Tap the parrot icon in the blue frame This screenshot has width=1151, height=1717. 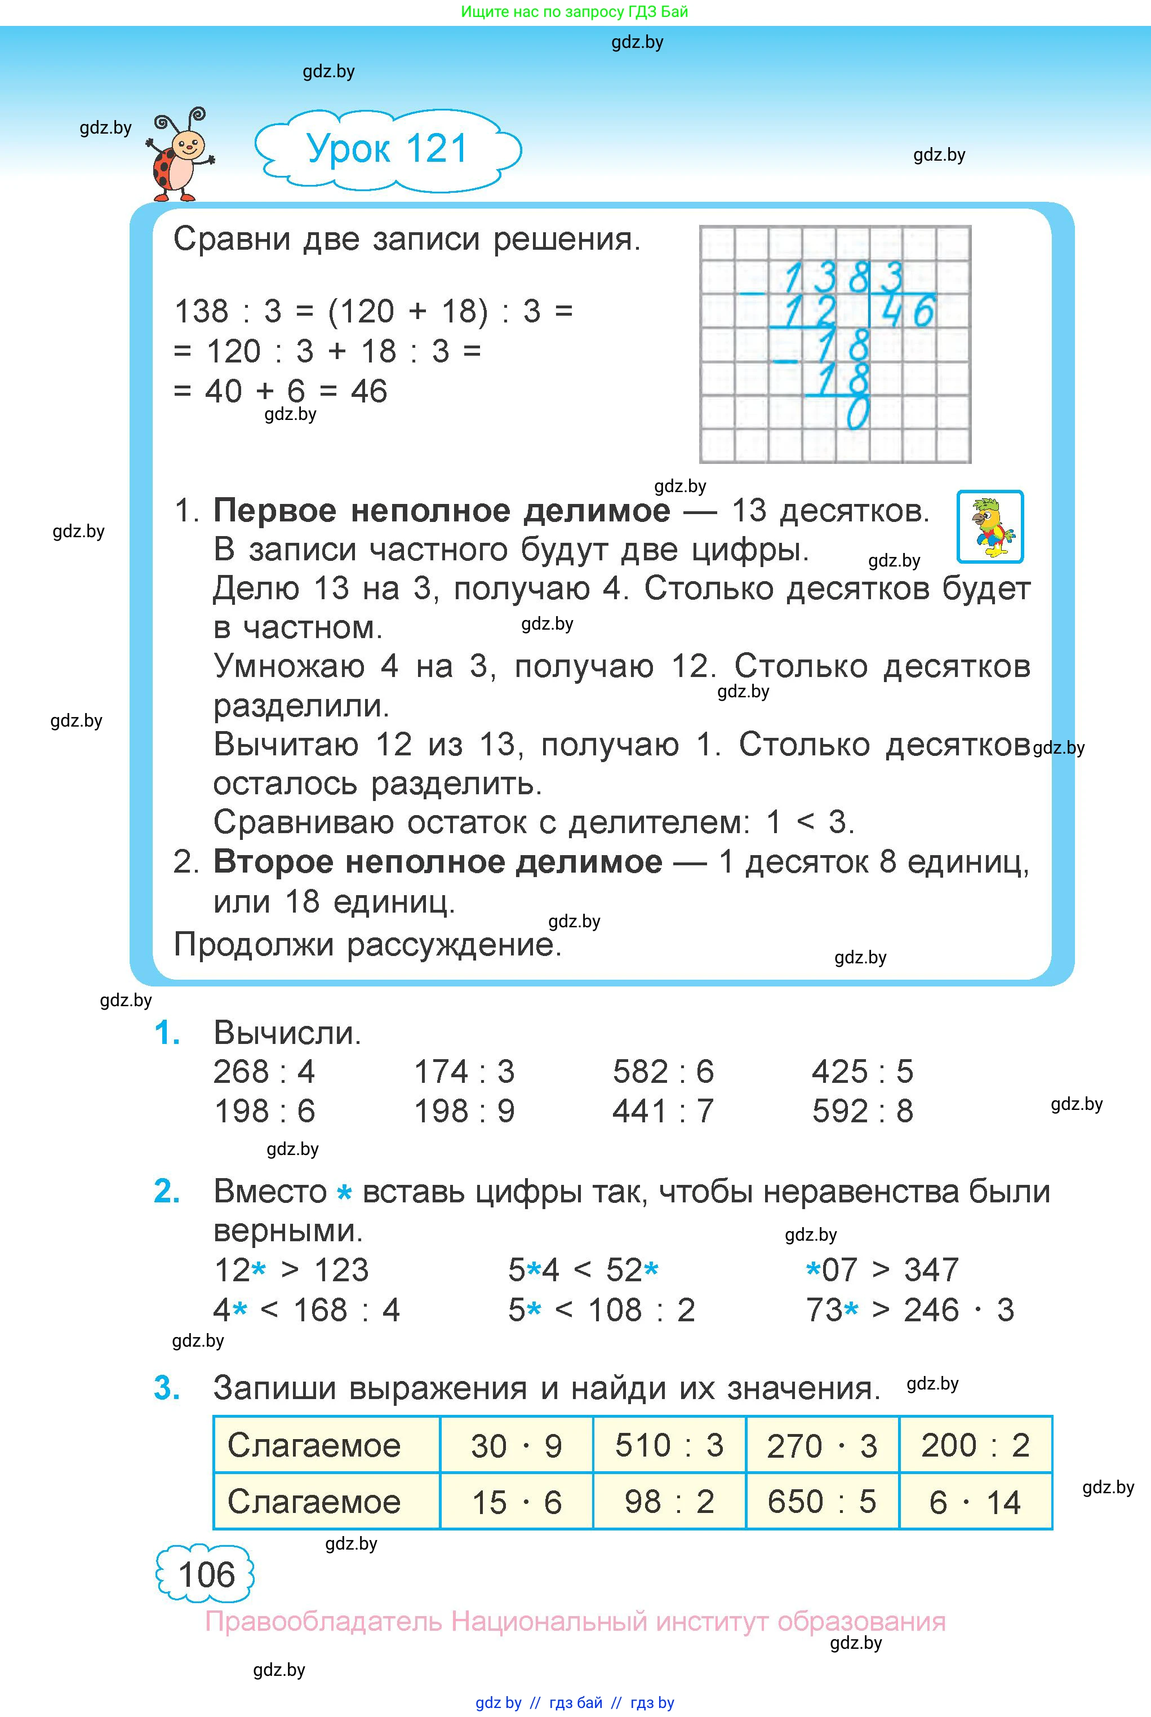(x=990, y=526)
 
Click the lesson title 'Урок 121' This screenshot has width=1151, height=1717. (x=387, y=149)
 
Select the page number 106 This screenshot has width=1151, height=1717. (x=206, y=1574)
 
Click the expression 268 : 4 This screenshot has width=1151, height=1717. (x=264, y=1072)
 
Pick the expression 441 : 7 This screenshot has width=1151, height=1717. (x=663, y=1111)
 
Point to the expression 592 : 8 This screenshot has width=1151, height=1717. (x=863, y=1111)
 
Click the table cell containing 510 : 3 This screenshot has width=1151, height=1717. (x=669, y=1445)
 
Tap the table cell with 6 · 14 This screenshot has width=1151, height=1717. (x=975, y=1502)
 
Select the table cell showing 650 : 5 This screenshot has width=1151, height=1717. (x=821, y=1502)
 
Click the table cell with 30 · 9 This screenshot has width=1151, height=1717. (x=516, y=1445)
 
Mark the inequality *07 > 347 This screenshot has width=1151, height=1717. (x=882, y=1270)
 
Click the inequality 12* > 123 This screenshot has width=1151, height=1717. (x=291, y=1270)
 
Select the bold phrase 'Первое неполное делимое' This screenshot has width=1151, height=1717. (x=441, y=510)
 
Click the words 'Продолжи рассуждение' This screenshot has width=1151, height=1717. (x=367, y=944)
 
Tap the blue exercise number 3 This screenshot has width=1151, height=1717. (x=167, y=1388)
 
